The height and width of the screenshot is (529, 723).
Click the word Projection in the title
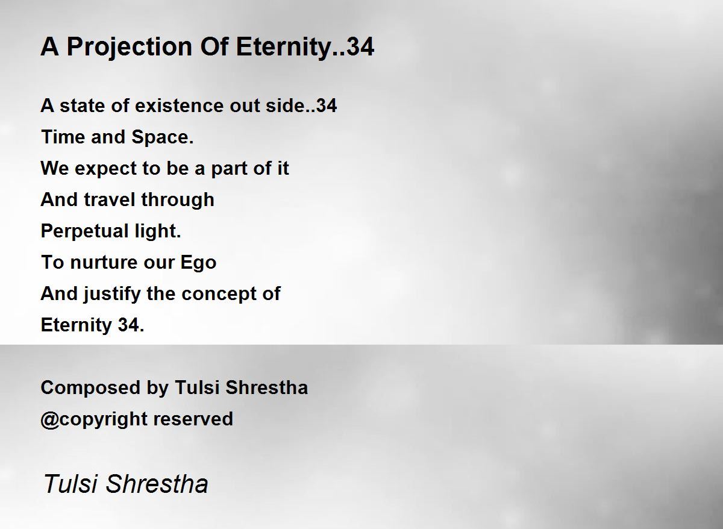coord(130,48)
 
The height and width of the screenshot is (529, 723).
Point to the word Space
coord(162,137)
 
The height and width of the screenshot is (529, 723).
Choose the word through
coord(178,200)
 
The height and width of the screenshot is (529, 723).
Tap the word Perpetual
coord(84,232)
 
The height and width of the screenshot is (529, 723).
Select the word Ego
coord(198,263)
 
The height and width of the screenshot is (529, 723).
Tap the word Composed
coord(90,388)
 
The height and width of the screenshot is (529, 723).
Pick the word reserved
coord(193,419)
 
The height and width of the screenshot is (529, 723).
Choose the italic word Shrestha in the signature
coord(157,484)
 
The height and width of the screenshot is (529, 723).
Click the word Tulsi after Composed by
coord(197,387)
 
